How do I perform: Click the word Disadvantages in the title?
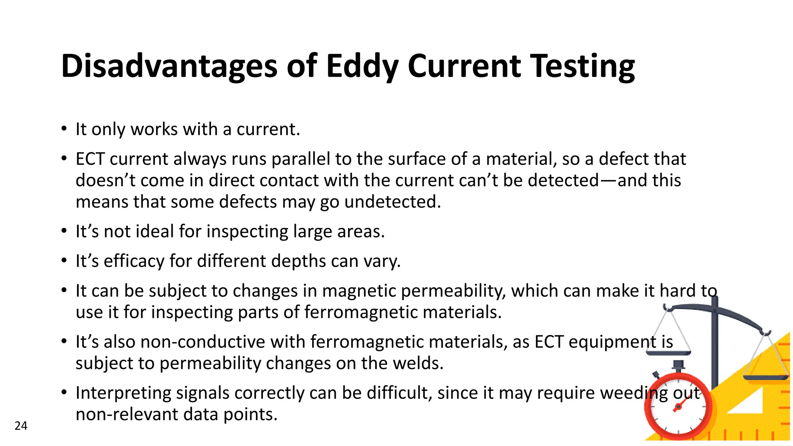click(x=169, y=66)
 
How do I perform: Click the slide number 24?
click(x=21, y=426)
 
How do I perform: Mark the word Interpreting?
click(x=123, y=393)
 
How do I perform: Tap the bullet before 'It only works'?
click(x=64, y=129)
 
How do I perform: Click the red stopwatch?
click(x=678, y=407)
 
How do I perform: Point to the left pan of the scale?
click(x=669, y=352)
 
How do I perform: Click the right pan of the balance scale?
click(x=766, y=377)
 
